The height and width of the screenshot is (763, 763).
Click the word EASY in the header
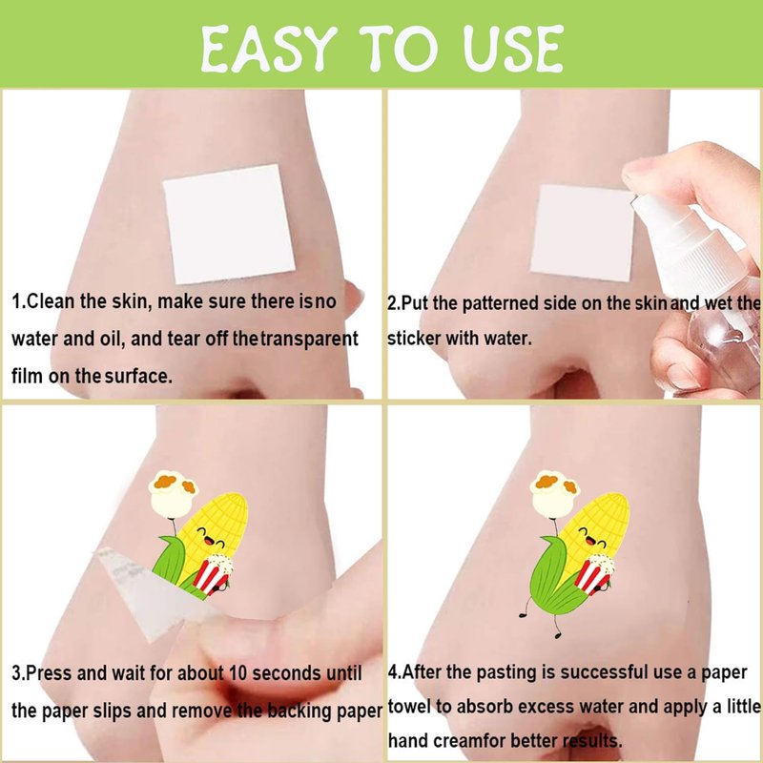click(269, 49)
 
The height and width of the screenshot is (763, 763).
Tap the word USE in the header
click(513, 49)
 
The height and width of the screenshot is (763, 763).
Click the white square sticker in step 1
click(229, 224)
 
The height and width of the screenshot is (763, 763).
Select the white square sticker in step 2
click(582, 233)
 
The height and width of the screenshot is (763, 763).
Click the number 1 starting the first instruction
click(16, 301)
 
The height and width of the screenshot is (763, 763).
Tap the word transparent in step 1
click(309, 339)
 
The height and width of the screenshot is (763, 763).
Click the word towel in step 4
click(409, 707)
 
